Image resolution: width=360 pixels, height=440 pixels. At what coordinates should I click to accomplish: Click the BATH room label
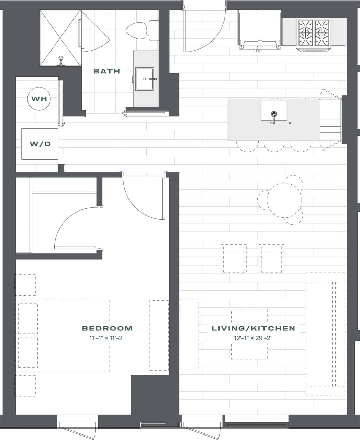coord(107,71)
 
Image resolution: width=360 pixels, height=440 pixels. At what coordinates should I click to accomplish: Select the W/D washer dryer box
coord(40,144)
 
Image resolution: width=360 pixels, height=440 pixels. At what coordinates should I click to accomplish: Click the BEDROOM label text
coord(107,328)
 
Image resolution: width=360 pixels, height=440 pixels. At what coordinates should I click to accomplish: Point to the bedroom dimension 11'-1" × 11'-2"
coord(107,338)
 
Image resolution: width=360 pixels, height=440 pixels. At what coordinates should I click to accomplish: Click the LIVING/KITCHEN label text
coord(253,328)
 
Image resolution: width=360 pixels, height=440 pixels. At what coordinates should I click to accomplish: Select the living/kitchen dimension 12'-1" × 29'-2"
coord(253,338)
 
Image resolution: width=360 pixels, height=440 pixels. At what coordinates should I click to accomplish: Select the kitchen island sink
coord(274,111)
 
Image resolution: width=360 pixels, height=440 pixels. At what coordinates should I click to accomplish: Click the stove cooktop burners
coord(313,33)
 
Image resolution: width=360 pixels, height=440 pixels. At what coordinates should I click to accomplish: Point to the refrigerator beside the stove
coord(260,29)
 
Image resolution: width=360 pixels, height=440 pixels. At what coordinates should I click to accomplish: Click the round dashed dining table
coord(284,200)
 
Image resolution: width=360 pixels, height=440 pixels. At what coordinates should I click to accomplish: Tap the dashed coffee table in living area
coord(249,334)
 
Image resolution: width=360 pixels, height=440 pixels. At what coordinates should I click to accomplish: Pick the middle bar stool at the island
coord(274,146)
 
